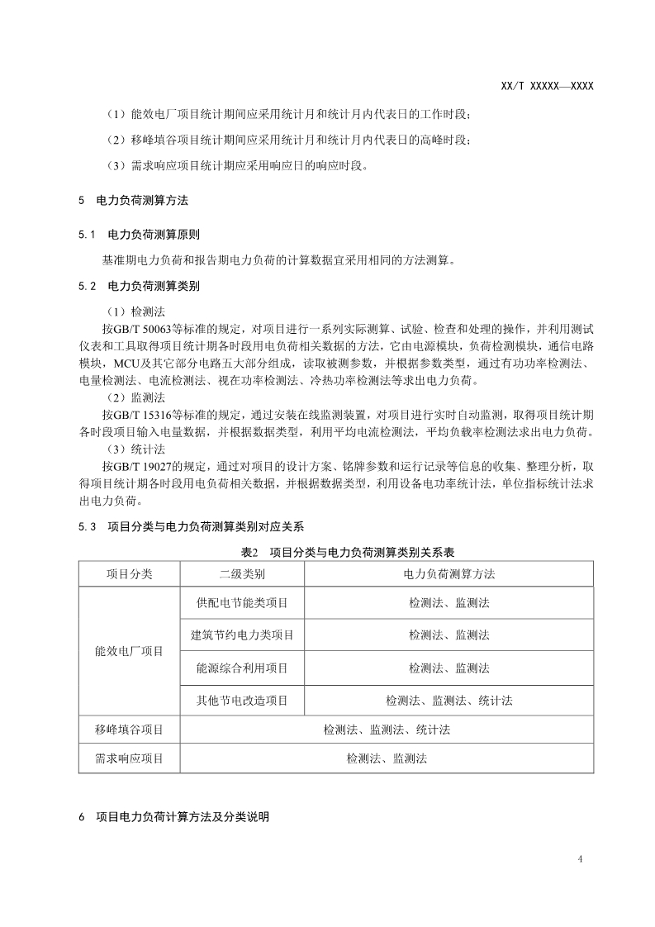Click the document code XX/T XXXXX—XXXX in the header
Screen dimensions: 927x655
[x=548, y=86]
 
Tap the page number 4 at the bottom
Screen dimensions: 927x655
[x=581, y=859]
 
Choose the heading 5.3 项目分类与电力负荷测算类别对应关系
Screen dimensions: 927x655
[x=190, y=525]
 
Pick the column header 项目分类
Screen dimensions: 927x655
[x=129, y=573]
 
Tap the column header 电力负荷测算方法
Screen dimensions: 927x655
[x=449, y=573]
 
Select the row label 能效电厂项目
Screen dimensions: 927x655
[x=129, y=651]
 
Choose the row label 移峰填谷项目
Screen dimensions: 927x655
[x=129, y=730]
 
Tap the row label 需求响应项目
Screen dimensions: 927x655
[x=129, y=758]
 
